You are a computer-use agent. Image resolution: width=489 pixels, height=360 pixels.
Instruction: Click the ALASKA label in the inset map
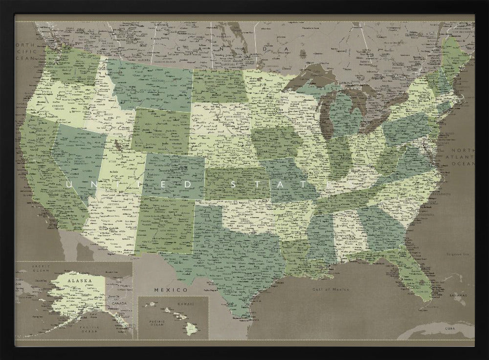coord(79,281)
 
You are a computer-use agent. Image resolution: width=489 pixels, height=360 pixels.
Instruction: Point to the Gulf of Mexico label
coord(331,289)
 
